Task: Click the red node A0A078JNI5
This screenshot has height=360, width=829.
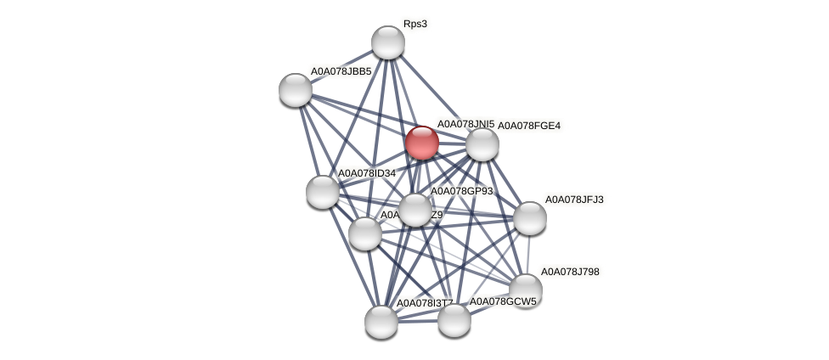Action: pyautogui.click(x=421, y=142)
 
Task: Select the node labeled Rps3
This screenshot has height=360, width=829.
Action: pyautogui.click(x=388, y=42)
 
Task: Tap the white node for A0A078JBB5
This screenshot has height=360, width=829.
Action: pyautogui.click(x=296, y=89)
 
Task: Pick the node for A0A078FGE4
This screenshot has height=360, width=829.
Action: pyautogui.click(x=482, y=144)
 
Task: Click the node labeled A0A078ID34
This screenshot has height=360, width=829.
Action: pyautogui.click(x=323, y=191)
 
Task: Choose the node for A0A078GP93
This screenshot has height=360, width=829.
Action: pyautogui.click(x=415, y=210)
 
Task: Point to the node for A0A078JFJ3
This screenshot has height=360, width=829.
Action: pyautogui.click(x=530, y=218)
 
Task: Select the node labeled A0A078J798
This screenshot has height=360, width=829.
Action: pyautogui.click(x=526, y=290)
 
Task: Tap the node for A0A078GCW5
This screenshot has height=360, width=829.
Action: pyautogui.click(x=454, y=320)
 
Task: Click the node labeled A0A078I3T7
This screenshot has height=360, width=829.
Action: pyautogui.click(x=381, y=322)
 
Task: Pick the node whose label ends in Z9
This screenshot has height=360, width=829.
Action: pyautogui.click(x=365, y=233)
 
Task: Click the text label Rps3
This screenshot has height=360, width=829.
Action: pyautogui.click(x=415, y=24)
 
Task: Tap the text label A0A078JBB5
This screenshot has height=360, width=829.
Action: pyautogui.click(x=341, y=71)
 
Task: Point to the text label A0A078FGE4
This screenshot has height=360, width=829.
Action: pyautogui.click(x=528, y=126)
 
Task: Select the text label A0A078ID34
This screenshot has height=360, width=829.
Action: pyautogui.click(x=367, y=173)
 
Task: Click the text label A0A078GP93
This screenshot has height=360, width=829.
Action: pyautogui.click(x=461, y=191)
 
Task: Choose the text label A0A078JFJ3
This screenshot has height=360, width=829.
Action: pyautogui.click(x=574, y=200)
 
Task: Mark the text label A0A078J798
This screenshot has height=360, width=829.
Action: pyautogui.click(x=570, y=272)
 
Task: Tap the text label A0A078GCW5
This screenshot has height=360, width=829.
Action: pyautogui.click(x=503, y=301)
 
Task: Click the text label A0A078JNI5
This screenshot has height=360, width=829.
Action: pyautogui.click(x=465, y=124)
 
